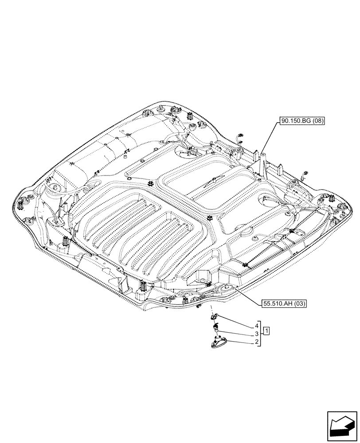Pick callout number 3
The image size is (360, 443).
click(257, 334)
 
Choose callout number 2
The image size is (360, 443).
click(257, 342)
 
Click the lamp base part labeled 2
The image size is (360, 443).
click(219, 344)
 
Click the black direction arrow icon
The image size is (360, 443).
click(342, 427)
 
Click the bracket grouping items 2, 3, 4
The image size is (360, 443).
click(261, 334)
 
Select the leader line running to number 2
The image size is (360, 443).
click(239, 342)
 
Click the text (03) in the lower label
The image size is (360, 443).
click(298, 303)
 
